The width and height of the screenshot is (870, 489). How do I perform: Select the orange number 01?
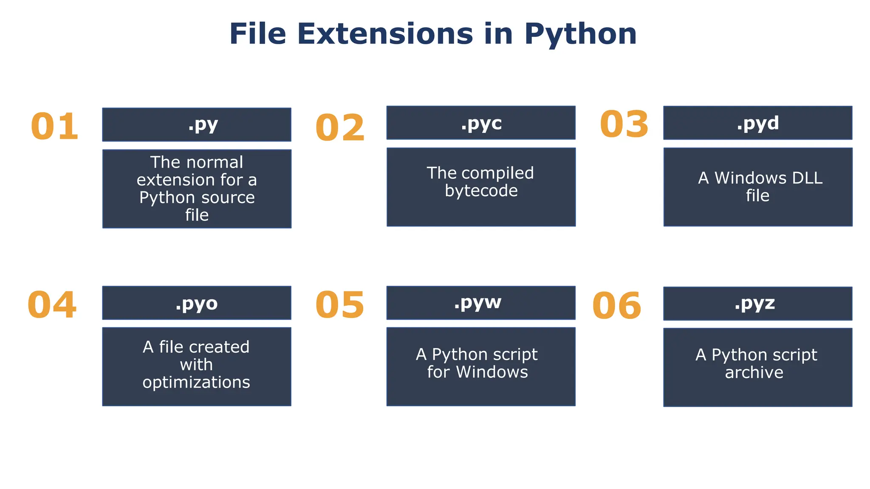point(55,126)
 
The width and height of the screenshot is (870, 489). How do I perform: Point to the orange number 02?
point(340,128)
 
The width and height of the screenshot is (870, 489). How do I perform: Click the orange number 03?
point(624,124)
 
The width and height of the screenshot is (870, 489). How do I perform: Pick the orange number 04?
point(52,305)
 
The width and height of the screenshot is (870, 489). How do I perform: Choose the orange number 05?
point(340,305)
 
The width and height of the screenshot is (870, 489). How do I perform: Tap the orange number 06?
point(617,306)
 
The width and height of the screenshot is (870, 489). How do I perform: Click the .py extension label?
point(203,125)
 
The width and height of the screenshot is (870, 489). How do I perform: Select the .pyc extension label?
point(481,124)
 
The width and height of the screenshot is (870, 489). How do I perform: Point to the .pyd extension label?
point(758,124)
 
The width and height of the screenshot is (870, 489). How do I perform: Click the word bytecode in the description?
point(481,191)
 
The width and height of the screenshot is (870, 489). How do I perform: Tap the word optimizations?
point(196,382)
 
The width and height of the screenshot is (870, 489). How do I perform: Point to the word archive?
point(754,372)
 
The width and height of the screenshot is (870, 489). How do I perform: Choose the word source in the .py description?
point(228,197)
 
